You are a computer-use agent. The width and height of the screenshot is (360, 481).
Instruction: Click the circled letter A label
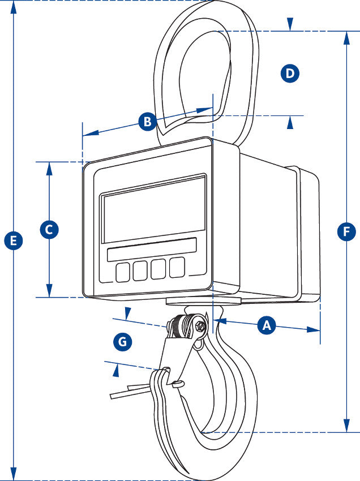click(x=267, y=325)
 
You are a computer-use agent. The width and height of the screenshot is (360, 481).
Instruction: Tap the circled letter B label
click(x=147, y=121)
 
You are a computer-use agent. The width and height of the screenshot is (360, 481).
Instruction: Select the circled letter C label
click(x=49, y=230)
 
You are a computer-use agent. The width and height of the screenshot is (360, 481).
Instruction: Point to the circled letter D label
click(x=290, y=74)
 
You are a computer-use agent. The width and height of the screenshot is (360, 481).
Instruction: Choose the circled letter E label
click(x=13, y=240)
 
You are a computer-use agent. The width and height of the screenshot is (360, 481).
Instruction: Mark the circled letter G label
click(x=122, y=341)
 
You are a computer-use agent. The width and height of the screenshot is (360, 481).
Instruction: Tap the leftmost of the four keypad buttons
click(x=123, y=272)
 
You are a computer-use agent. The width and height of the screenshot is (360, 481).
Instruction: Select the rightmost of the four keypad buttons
click(x=177, y=267)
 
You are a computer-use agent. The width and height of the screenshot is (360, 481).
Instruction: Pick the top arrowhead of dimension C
click(x=50, y=168)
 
